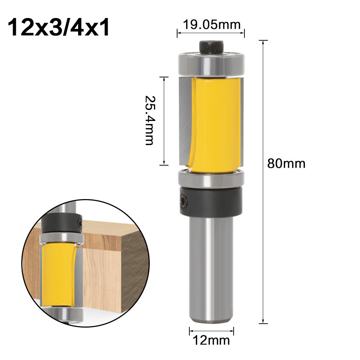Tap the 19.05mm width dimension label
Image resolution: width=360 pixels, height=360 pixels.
(x=211, y=25)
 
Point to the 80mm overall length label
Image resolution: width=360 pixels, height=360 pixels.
(x=286, y=164)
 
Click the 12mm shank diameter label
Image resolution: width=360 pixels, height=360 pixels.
(x=212, y=339)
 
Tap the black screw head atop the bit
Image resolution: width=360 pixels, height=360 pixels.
(x=211, y=47)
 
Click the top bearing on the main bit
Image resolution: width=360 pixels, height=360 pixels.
(x=211, y=64)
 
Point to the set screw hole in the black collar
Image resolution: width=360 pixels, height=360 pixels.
(x=183, y=199)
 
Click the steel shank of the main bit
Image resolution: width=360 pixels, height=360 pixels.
(x=212, y=270)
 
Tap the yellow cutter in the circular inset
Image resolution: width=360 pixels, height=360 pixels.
(x=58, y=274)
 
